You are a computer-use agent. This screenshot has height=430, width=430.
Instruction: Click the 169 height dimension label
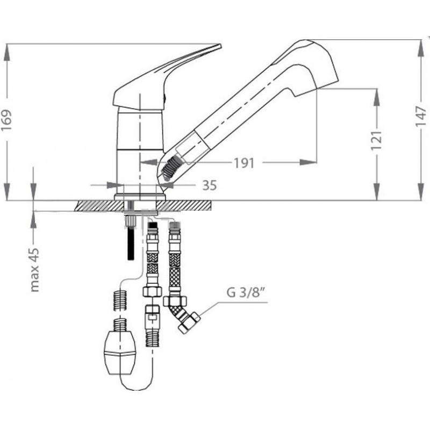[x=6, y=120]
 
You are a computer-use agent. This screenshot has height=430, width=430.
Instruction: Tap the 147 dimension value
[x=421, y=116]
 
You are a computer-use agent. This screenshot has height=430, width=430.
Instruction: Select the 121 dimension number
[x=377, y=140]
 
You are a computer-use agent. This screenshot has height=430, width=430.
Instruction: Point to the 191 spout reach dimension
[x=244, y=163]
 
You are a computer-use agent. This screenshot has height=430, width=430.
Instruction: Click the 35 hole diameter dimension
[x=210, y=185]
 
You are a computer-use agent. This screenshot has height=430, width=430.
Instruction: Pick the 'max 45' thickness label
[x=34, y=270]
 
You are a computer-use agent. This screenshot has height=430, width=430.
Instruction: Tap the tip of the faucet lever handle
[x=220, y=45]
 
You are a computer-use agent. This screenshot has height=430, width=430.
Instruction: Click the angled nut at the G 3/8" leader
[x=189, y=322]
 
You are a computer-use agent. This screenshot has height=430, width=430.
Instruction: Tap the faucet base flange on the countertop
[x=140, y=197]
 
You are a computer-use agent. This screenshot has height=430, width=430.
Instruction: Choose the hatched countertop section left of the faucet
[x=99, y=206]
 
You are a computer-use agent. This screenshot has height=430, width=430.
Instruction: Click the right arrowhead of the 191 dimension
[x=308, y=163]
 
